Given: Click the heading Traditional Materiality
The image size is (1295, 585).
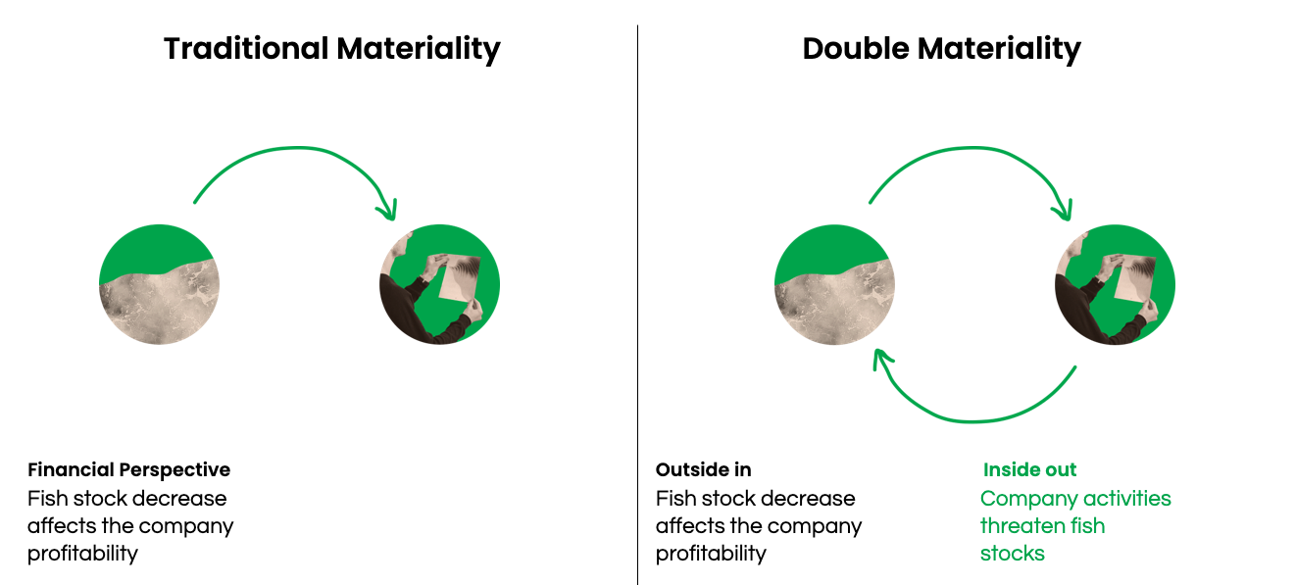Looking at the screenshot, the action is tap(332, 49).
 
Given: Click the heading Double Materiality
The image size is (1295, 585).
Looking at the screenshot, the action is tap(941, 49).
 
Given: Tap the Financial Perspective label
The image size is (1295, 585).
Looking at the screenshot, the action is tap(129, 470).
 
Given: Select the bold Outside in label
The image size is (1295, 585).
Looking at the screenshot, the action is tap(704, 470).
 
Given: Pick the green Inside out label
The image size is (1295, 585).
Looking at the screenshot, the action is tap(1029, 470).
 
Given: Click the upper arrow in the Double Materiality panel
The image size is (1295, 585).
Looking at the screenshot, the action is tap(973, 148).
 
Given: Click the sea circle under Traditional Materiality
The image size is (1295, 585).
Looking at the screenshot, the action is tap(159, 284).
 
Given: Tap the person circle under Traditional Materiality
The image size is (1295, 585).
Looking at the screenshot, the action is tap(439, 284).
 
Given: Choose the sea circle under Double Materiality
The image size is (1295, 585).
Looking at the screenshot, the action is tap(834, 284).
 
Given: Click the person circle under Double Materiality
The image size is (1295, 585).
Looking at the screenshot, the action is tap(1115, 284).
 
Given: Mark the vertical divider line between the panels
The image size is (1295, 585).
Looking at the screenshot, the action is tap(637, 305).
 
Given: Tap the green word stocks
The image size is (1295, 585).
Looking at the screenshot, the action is tap(1013, 554).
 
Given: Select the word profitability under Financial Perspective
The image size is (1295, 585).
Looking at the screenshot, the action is tap(82, 554).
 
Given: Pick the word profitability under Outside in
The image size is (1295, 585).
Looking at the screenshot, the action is tap(711, 554).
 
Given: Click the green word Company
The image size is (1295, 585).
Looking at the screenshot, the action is tap(1023, 499).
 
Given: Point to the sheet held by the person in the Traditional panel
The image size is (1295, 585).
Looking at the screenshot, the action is tap(460, 278).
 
